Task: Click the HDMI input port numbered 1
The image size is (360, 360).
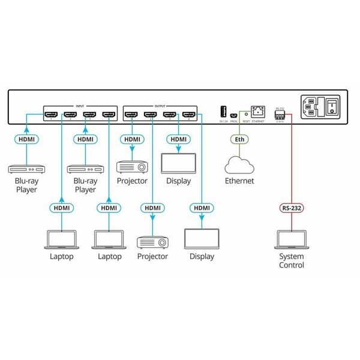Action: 52,114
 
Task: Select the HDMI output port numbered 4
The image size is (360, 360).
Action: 189,114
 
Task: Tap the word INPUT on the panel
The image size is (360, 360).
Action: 80,105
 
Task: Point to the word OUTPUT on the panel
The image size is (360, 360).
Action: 160,105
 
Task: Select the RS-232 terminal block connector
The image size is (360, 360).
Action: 280,115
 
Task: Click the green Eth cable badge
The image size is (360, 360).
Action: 239,139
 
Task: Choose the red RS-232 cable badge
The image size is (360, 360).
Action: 290,209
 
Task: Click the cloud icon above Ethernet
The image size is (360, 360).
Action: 239,164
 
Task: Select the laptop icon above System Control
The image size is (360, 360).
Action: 290,239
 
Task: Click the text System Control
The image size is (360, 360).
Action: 291,260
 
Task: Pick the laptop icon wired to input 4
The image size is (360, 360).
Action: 109,239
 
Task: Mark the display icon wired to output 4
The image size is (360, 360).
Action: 202,239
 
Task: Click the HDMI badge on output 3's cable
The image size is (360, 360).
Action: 179,139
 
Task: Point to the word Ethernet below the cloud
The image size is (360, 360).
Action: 239,181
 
